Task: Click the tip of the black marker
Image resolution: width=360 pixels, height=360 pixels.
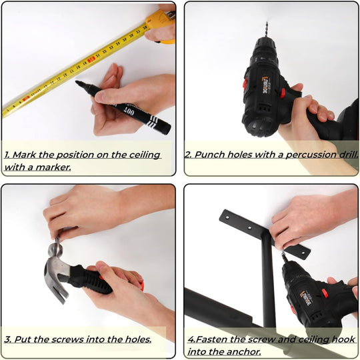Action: (x=76, y=81)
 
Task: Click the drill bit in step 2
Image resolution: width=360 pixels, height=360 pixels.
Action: (x=266, y=29)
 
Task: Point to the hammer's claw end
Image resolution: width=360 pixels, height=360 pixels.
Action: (x=57, y=291)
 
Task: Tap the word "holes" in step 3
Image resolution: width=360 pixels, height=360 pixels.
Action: (x=138, y=339)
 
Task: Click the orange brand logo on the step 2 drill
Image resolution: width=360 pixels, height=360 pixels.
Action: (x=266, y=85)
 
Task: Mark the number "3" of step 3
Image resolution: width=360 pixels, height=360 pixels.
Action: (x=8, y=339)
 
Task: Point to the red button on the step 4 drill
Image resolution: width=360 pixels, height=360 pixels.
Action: (x=325, y=293)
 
